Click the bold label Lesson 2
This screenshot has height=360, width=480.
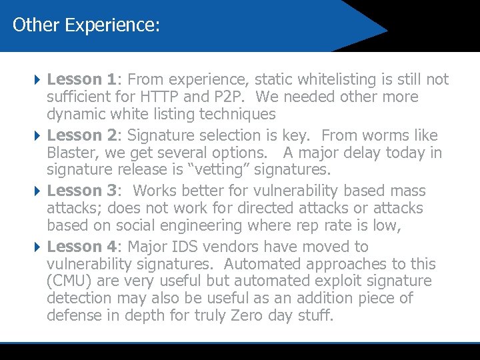(81, 135)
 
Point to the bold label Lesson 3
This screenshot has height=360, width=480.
(81, 191)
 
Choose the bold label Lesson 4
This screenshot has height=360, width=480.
(81, 247)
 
